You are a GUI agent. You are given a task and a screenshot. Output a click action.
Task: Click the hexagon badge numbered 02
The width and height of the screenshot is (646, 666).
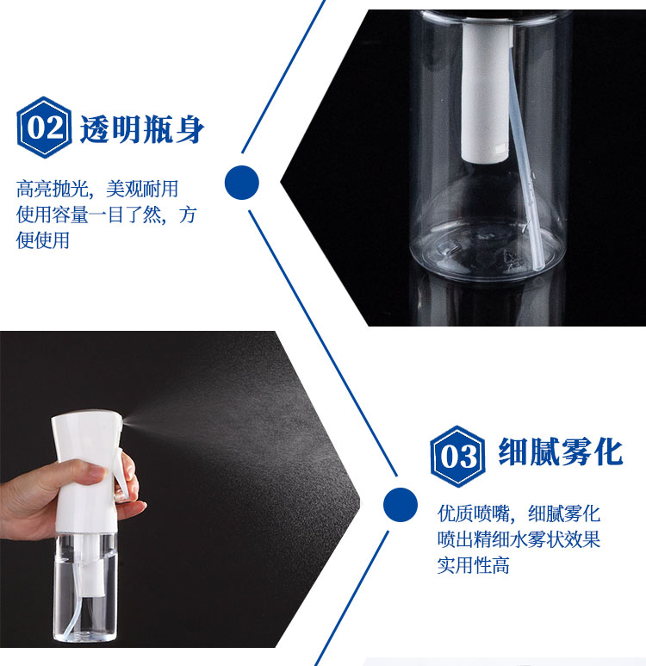pos(44,128)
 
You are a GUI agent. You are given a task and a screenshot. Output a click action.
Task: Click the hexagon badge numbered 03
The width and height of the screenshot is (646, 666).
pos(457,457)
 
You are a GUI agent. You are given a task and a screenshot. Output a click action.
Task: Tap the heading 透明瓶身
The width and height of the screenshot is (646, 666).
pos(142,129)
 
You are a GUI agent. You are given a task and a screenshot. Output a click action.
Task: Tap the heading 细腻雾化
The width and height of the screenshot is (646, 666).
pos(561,452)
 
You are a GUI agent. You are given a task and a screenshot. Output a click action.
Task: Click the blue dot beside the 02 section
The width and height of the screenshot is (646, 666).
pos(242,183)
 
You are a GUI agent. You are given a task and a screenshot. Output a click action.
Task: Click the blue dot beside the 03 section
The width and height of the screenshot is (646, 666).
pos(400,505)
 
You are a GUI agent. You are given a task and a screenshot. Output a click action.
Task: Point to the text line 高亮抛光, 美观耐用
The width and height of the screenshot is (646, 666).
pos(97,189)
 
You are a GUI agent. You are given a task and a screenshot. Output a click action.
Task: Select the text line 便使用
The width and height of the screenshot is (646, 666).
pos(43,240)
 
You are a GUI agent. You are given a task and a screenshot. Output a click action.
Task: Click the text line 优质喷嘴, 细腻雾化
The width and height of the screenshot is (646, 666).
pos(519,514)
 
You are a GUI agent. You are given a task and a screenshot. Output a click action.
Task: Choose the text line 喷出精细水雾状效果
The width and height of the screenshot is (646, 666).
pos(519,539)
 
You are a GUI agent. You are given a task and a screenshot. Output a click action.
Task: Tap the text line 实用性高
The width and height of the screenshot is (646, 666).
pos(473,565)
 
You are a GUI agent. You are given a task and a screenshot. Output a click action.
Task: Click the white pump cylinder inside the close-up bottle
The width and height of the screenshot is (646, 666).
pos(486,92)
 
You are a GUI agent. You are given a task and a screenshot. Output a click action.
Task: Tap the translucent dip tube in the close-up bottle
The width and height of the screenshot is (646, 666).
pos(525,165)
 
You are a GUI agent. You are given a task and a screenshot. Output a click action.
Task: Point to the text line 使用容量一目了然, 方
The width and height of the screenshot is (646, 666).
pos(106,215)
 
